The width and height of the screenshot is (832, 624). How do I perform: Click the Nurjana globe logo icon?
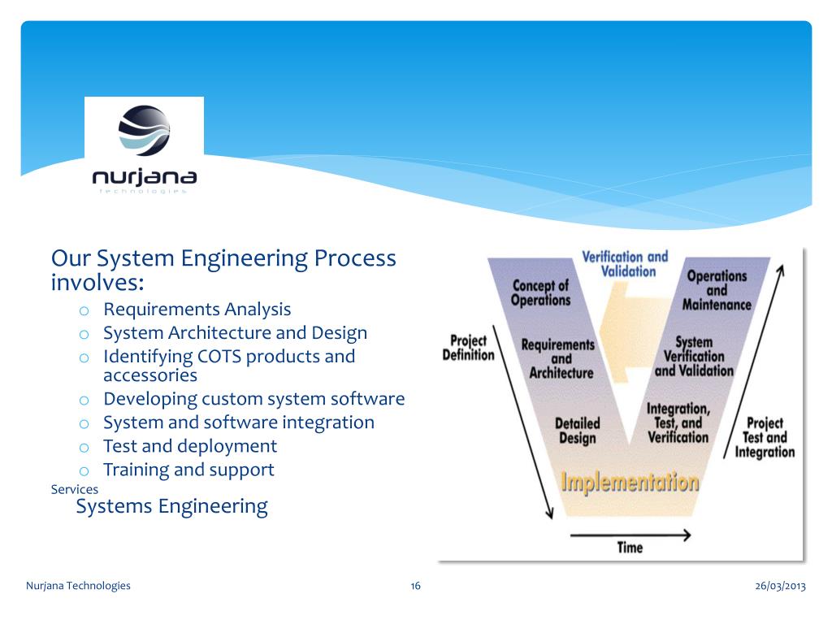pos(144,130)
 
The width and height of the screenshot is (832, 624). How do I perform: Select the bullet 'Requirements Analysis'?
pos(197,309)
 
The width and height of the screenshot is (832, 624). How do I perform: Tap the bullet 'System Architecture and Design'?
pos(235,332)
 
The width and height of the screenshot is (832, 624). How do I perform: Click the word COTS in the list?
pos(219,356)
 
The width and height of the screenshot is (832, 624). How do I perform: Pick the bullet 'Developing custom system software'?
pos(253,399)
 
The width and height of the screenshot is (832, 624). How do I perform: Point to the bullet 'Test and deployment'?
pos(190,446)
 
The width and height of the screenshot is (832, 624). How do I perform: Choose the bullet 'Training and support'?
pos(188,470)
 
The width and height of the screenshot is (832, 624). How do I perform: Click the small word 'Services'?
pos(74,489)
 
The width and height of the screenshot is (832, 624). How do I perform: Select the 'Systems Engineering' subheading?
pos(171,506)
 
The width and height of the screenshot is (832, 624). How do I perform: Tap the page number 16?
pos(415,586)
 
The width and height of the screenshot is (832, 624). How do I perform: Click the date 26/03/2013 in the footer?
pos(779,586)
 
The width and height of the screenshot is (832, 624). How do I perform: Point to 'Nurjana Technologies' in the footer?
pos(78,586)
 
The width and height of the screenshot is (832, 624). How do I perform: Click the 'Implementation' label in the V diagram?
pos(630,482)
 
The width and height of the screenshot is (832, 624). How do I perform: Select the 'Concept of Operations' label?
pos(540,292)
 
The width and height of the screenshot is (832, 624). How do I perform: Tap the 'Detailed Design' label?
pos(577,431)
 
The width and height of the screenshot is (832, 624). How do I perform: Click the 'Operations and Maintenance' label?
pos(717,290)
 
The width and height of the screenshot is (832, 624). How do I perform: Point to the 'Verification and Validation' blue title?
pos(625,264)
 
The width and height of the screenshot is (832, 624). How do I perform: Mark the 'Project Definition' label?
pos(468,347)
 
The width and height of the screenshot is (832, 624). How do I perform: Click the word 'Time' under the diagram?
pos(630,547)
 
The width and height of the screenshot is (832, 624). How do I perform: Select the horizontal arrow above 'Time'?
pos(630,535)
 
